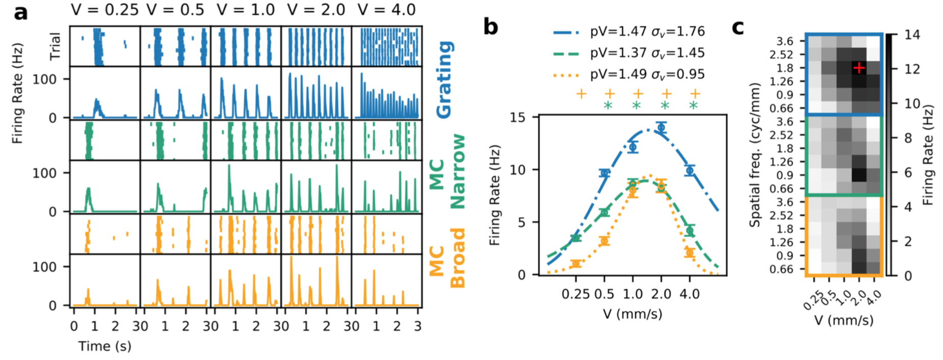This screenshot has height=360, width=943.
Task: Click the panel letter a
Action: [21, 13]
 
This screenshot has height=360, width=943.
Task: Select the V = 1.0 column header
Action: [246, 10]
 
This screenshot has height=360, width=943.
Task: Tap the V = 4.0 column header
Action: [386, 10]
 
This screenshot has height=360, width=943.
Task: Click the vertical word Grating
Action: [444, 80]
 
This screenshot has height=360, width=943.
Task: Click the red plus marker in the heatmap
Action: [859, 67]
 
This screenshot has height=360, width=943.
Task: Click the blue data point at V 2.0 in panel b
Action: [661, 128]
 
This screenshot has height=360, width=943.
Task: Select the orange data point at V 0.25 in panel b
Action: [576, 264]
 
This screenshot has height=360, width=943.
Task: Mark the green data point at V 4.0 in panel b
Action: [690, 230]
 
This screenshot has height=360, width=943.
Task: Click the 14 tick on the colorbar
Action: [912, 35]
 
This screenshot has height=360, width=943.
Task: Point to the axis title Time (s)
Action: [104, 346]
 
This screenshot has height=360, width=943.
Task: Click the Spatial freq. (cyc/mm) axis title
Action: [755, 155]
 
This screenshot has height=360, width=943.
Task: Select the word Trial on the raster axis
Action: [55, 46]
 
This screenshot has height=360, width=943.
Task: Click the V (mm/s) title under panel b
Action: [633, 314]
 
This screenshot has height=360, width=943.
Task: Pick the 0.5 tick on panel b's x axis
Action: [605, 294]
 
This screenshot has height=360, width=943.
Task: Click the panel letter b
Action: [490, 27]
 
